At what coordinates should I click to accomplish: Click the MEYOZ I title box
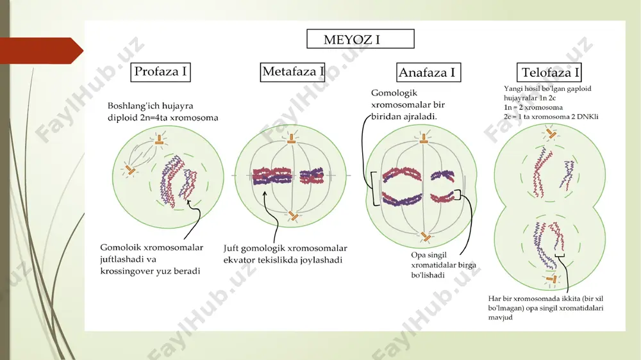(x=360, y=39)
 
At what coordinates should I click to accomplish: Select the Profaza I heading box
(x=160, y=72)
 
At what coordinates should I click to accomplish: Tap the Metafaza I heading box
(x=292, y=72)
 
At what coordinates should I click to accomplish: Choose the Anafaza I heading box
(x=428, y=72)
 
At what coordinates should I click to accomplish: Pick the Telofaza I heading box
(x=549, y=72)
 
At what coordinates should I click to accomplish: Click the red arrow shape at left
(x=41, y=51)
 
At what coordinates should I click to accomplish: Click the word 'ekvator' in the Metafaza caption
(x=239, y=260)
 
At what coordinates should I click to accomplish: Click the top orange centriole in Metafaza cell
(x=291, y=139)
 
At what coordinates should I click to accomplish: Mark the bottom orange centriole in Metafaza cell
(x=293, y=216)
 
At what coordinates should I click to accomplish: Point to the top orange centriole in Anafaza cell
(x=424, y=138)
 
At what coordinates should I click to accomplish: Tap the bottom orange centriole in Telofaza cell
(x=553, y=279)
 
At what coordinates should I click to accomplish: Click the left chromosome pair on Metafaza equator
(x=272, y=176)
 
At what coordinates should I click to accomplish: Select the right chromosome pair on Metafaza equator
(x=312, y=176)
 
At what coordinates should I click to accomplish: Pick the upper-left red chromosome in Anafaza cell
(x=402, y=174)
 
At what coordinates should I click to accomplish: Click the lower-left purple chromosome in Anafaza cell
(x=402, y=199)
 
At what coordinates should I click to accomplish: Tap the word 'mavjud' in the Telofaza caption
(x=500, y=318)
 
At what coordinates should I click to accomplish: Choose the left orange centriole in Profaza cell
(x=130, y=170)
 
